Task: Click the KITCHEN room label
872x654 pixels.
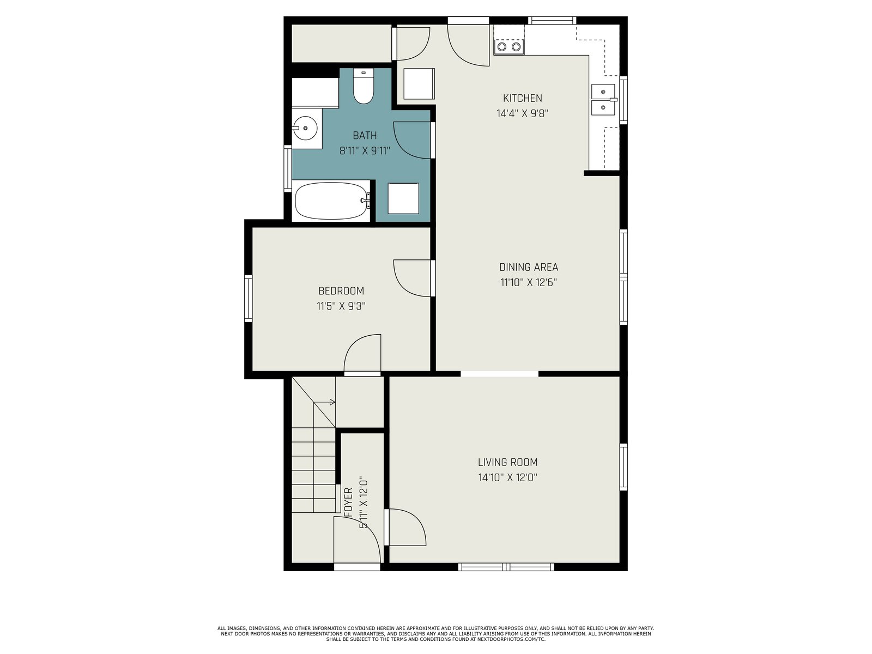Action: point(522,98)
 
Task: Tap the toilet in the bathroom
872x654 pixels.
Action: point(363,86)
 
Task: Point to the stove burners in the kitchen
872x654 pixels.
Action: point(509,47)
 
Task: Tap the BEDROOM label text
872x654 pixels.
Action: point(341,291)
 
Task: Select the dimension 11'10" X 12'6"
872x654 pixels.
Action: point(528,282)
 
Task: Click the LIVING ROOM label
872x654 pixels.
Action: point(508,462)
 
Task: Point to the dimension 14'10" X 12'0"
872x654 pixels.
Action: point(508,477)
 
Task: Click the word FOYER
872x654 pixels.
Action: point(348,502)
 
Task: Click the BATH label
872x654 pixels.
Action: point(365,135)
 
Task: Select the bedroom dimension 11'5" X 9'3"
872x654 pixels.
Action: point(341,306)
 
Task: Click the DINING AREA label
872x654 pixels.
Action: point(528,267)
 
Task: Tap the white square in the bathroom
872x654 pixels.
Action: point(403,198)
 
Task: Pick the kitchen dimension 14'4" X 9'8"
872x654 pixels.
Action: point(522,113)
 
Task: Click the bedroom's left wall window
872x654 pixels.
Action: point(249,298)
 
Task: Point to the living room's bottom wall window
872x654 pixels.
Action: point(506,567)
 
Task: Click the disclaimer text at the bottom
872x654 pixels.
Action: point(436,634)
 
